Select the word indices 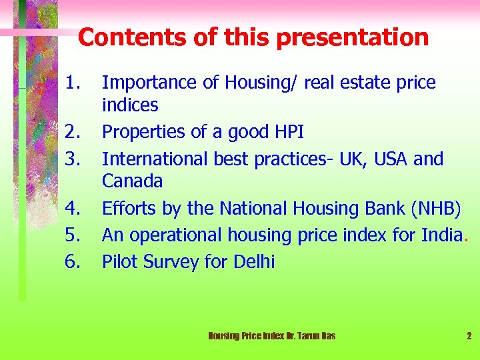click(130, 105)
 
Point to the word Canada click(132, 181)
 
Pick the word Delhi click(254, 262)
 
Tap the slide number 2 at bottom click(469, 336)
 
